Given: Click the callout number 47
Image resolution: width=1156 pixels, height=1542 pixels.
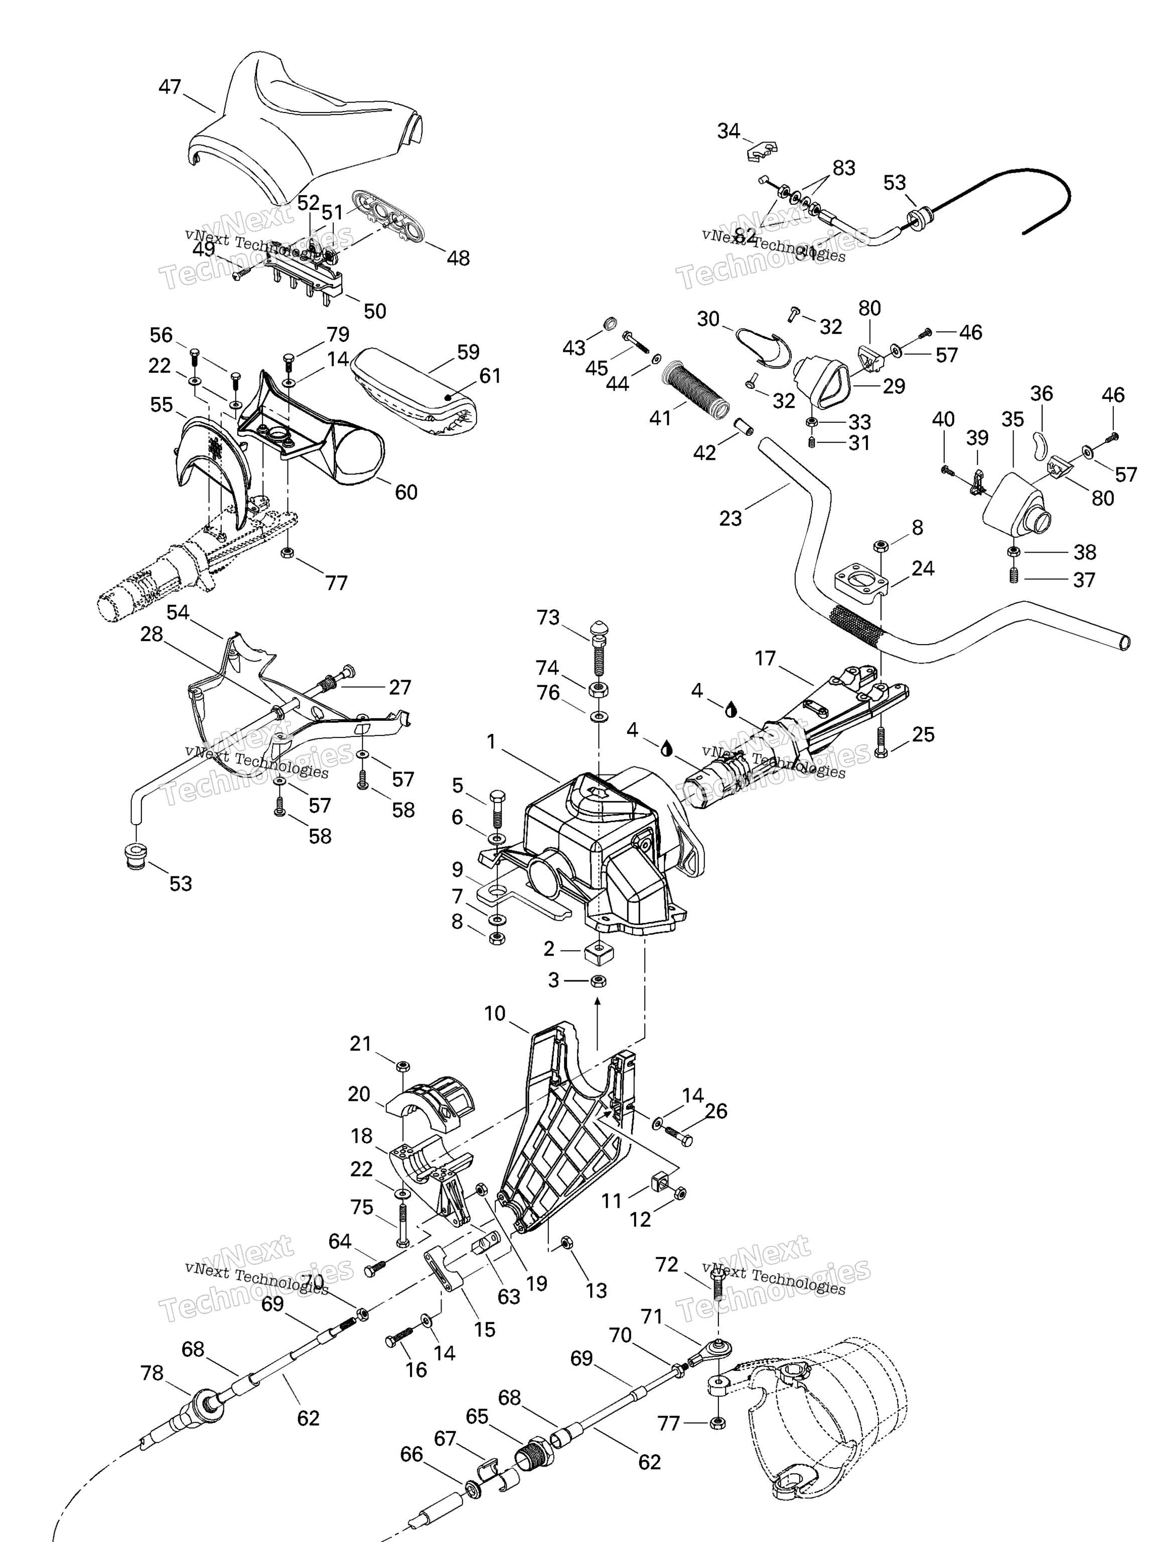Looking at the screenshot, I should click(170, 87).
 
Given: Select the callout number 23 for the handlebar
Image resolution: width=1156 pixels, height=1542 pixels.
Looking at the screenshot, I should click(730, 518).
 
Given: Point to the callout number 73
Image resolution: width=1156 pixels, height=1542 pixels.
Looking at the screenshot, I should click(548, 617).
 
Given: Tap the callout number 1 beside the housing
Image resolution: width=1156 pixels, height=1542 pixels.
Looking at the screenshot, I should click(491, 742).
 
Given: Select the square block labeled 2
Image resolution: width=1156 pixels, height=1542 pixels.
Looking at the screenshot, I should click(599, 950).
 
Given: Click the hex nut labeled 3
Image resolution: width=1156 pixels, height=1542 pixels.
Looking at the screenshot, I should click(598, 981).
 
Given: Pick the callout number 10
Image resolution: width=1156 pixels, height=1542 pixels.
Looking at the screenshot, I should click(495, 1013).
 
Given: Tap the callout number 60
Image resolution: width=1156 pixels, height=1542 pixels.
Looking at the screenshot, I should click(406, 492).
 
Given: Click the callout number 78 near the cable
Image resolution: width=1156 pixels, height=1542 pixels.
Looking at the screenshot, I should click(152, 1373).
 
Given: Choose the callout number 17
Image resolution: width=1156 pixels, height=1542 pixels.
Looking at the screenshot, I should click(765, 659).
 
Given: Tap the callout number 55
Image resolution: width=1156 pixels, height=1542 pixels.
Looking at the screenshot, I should click(161, 405).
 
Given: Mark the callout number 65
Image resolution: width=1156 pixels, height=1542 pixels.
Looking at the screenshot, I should click(477, 1417).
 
